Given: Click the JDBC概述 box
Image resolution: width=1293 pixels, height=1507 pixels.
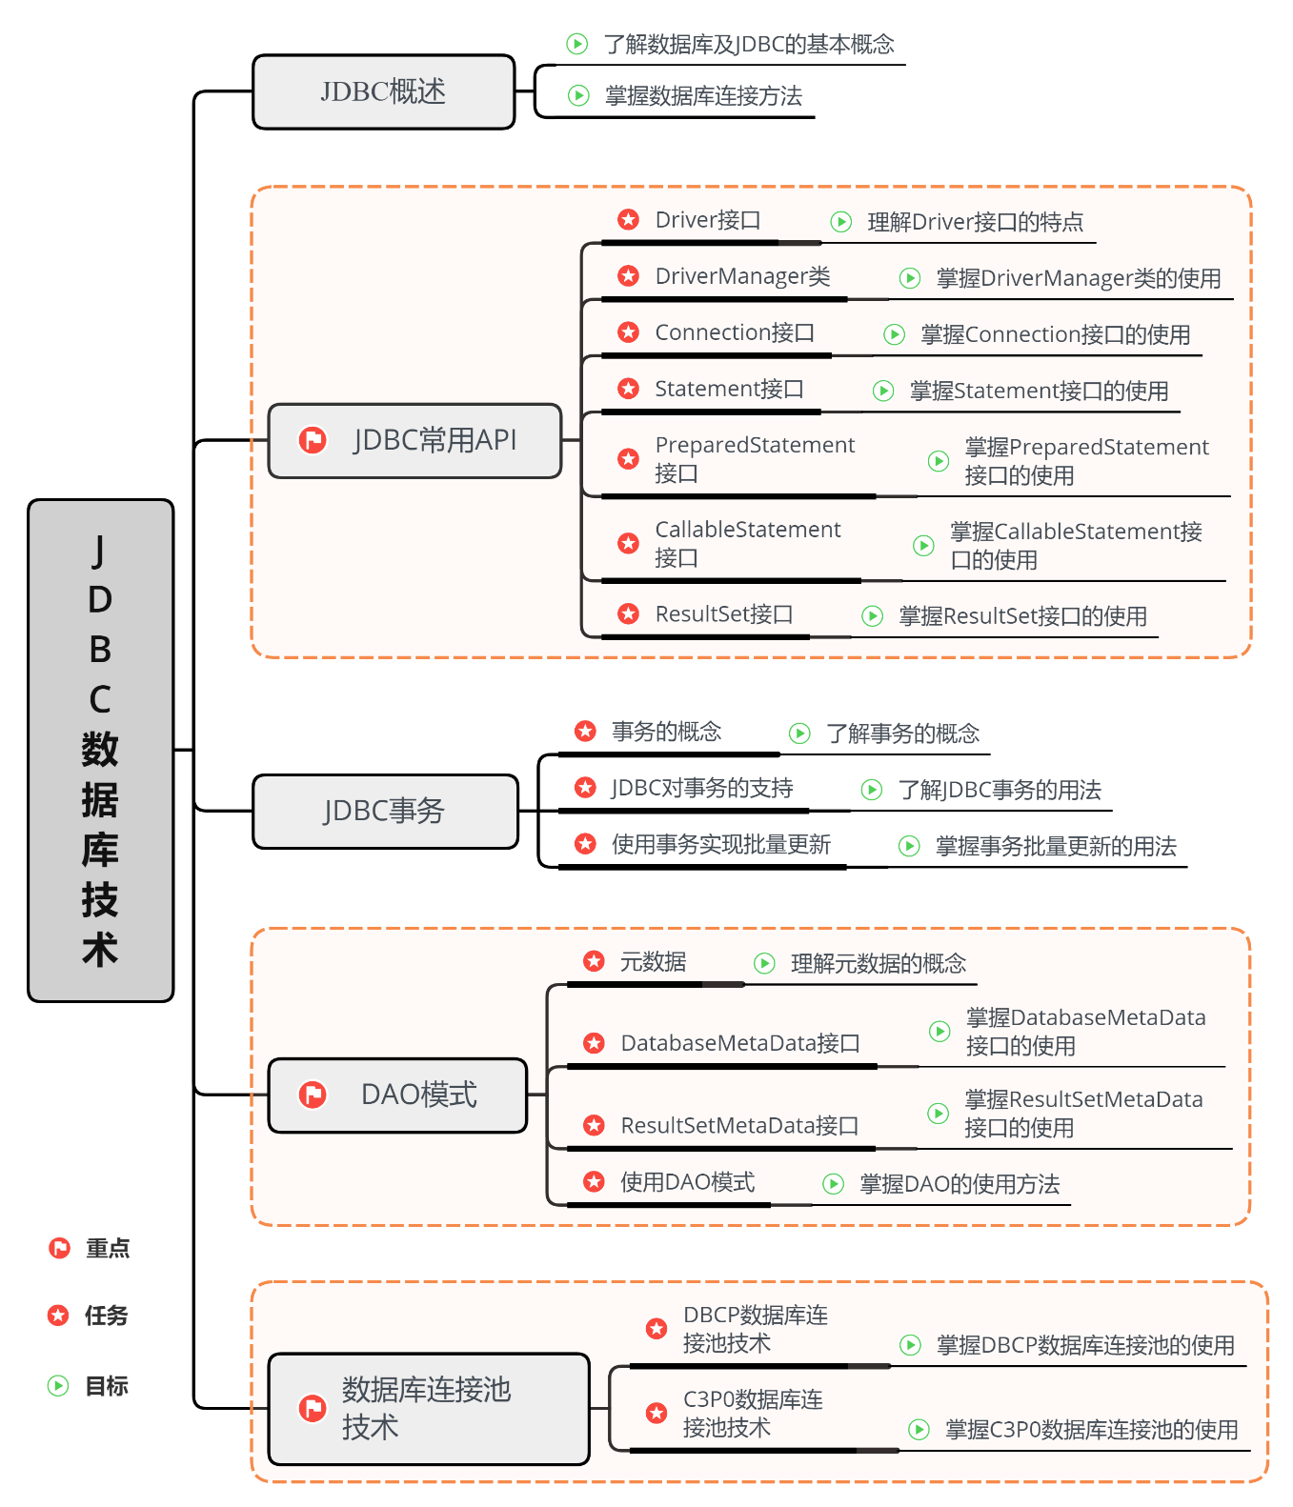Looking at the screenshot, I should coord(383,91).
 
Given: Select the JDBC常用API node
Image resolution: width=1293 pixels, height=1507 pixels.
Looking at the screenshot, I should coord(414,440).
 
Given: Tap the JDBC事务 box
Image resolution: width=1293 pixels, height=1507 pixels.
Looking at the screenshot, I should coord(385,811).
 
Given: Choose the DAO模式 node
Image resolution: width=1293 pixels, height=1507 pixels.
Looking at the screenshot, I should coord(397,1095).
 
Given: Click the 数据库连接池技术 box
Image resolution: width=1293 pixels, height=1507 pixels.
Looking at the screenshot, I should coord(429,1409).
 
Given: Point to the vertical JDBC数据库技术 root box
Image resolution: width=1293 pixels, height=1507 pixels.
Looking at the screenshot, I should coord(100,750).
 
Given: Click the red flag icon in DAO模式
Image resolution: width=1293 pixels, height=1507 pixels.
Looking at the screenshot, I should coord(313,1095).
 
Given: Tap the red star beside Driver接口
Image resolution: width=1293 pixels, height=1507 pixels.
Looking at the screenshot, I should coord(628,220).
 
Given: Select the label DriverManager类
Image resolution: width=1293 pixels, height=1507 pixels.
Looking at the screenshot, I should coord(742,276).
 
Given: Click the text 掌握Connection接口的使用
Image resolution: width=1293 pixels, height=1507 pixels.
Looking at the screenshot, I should coord(1055,334).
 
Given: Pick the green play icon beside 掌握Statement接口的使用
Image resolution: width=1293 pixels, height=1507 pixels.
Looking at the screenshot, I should coord(883,391).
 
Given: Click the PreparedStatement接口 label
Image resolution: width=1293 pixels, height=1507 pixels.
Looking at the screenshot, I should coord(754,458).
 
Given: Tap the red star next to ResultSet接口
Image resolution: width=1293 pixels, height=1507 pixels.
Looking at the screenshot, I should coord(628,614).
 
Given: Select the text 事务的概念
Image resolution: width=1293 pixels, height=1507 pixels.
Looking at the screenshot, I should coord(666,732).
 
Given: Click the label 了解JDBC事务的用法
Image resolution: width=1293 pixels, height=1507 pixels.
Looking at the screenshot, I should coord(999,790).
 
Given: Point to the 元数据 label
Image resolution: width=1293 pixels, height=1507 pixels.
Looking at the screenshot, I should coord(653,962).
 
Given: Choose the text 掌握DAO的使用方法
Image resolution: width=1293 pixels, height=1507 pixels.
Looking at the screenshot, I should coord(959,1184).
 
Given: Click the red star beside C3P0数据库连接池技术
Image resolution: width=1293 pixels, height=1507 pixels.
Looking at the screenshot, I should coord(657,1413).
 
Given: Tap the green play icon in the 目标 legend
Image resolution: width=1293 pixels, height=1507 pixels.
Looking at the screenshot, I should coord(58,1385).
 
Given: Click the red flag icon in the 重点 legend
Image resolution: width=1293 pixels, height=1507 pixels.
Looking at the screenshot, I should coord(59,1248).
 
